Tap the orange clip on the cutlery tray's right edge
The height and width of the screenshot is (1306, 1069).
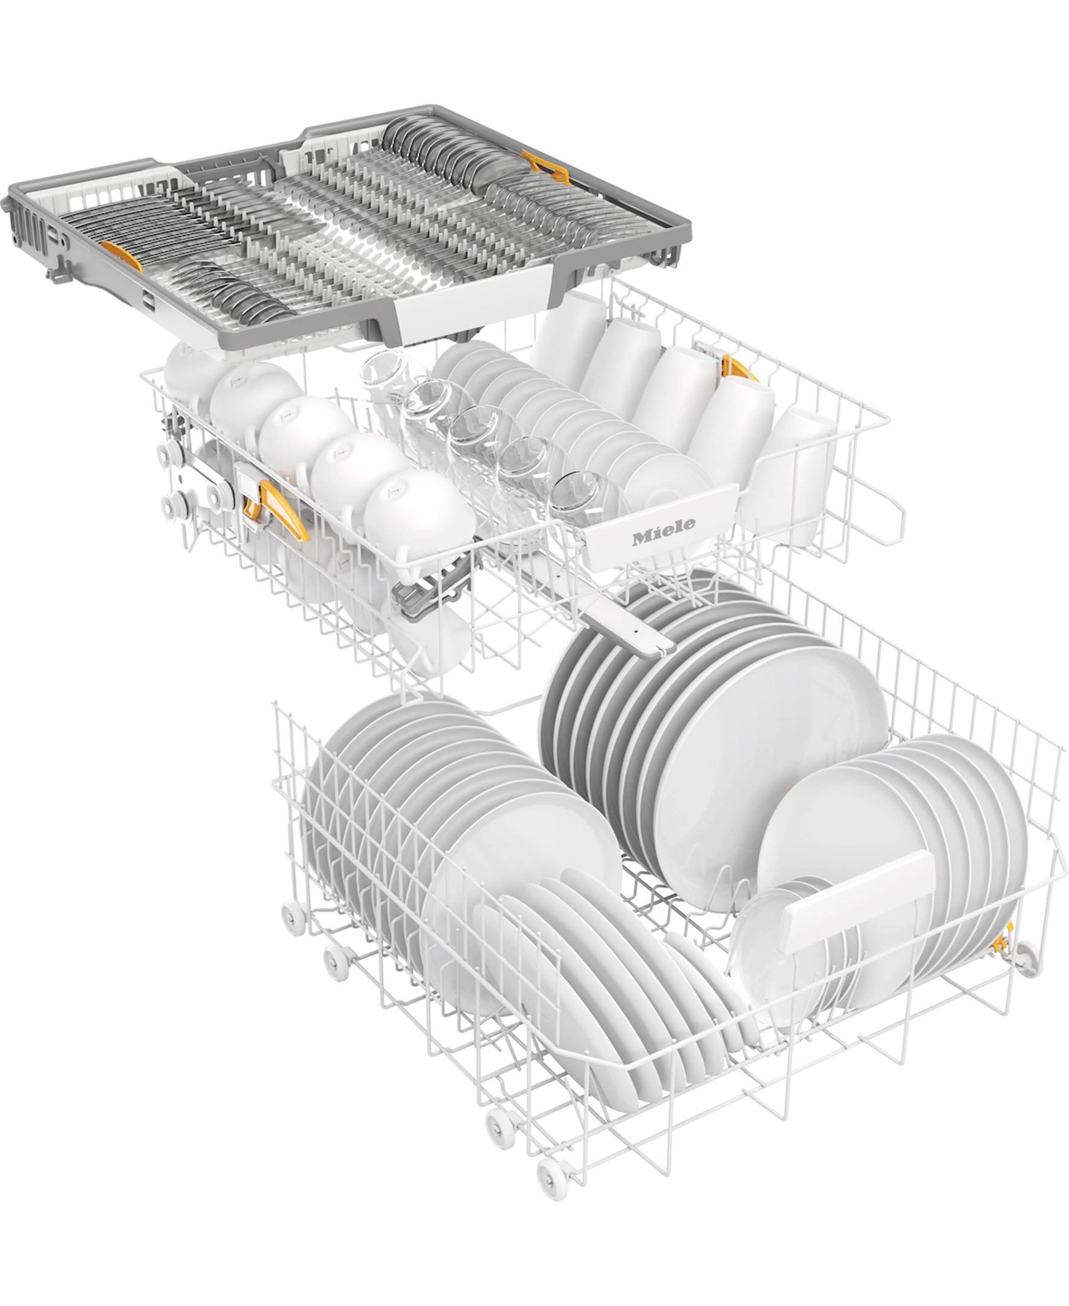click(x=545, y=168)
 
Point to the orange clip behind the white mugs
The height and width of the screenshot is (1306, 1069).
click(x=736, y=368)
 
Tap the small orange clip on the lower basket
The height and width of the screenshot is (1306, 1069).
click(x=1001, y=944)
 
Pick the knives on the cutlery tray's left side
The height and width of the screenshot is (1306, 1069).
click(x=141, y=228)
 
